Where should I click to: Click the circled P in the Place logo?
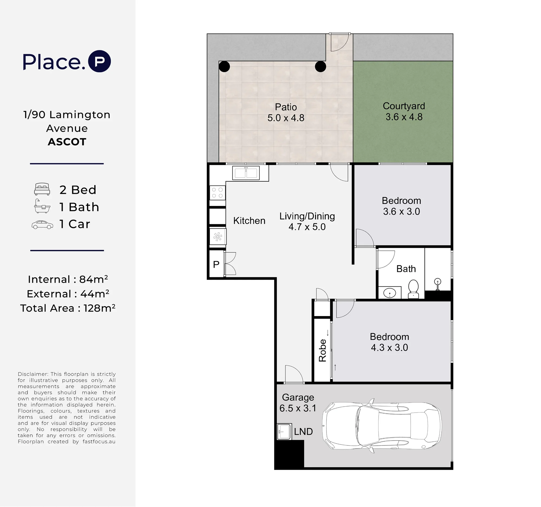point(100,61)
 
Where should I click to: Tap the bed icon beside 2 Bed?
point(42,189)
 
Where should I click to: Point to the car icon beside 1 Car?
point(42,225)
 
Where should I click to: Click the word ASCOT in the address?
point(67,142)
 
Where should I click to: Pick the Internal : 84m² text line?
point(68,279)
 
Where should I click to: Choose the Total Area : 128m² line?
point(68,308)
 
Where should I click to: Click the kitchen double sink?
point(246,173)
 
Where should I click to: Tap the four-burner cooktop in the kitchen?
point(217,193)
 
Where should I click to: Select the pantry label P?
point(216,264)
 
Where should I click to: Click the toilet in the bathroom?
point(413,289)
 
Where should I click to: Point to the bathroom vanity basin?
point(390,293)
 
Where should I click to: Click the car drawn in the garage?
point(382,426)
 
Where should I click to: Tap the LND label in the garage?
point(303,432)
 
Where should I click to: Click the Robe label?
point(322,351)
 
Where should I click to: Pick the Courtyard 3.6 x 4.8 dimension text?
point(404,117)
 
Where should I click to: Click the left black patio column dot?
point(224,67)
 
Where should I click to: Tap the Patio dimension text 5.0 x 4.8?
point(286,118)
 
